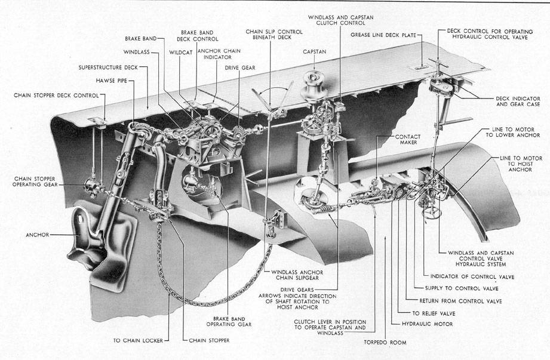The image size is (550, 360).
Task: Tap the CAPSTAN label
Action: [x=315, y=52]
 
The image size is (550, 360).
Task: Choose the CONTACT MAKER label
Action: [x=408, y=140]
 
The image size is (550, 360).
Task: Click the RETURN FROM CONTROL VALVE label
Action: [x=460, y=300]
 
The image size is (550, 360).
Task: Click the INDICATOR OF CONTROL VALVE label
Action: [x=472, y=276]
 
